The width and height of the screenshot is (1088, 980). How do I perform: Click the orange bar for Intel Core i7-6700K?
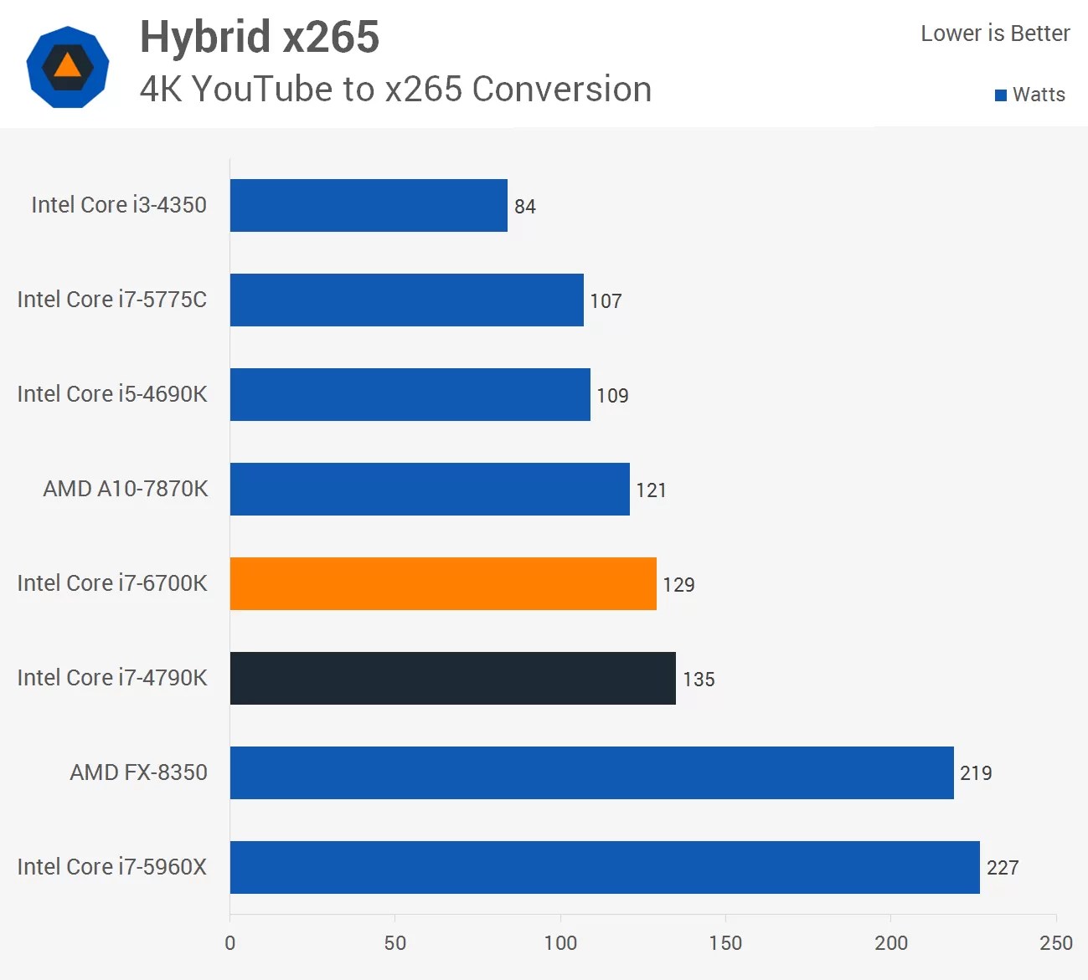click(x=443, y=583)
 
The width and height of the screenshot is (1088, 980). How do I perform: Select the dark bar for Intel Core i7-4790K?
click(x=452, y=678)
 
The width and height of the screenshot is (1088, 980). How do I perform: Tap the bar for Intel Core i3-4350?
click(x=369, y=205)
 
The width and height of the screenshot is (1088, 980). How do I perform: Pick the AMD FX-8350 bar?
click(x=591, y=772)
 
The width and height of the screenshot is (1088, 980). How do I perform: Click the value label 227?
click(x=1003, y=868)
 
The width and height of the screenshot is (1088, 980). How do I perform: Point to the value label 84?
click(x=525, y=207)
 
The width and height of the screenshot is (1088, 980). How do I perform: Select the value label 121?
click(x=651, y=490)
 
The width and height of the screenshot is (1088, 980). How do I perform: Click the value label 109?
click(x=612, y=396)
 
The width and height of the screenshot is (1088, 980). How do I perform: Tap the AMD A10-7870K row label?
click(x=125, y=489)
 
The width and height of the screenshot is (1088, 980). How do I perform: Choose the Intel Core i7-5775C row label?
click(x=111, y=300)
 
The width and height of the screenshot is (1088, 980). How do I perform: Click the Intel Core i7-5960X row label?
click(x=111, y=867)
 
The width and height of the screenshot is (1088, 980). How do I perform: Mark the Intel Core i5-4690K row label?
click(x=111, y=394)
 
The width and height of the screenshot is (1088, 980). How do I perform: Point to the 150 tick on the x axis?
click(x=725, y=943)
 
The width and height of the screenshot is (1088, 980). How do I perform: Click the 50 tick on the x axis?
click(x=395, y=943)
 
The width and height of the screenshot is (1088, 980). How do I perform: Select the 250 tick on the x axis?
click(x=1055, y=943)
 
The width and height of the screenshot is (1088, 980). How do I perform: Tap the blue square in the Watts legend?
click(x=1001, y=95)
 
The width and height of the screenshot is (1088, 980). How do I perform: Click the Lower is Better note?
click(x=995, y=33)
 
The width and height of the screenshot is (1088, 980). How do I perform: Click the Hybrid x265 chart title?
click(x=260, y=38)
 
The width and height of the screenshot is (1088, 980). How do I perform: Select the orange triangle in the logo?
click(x=68, y=65)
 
